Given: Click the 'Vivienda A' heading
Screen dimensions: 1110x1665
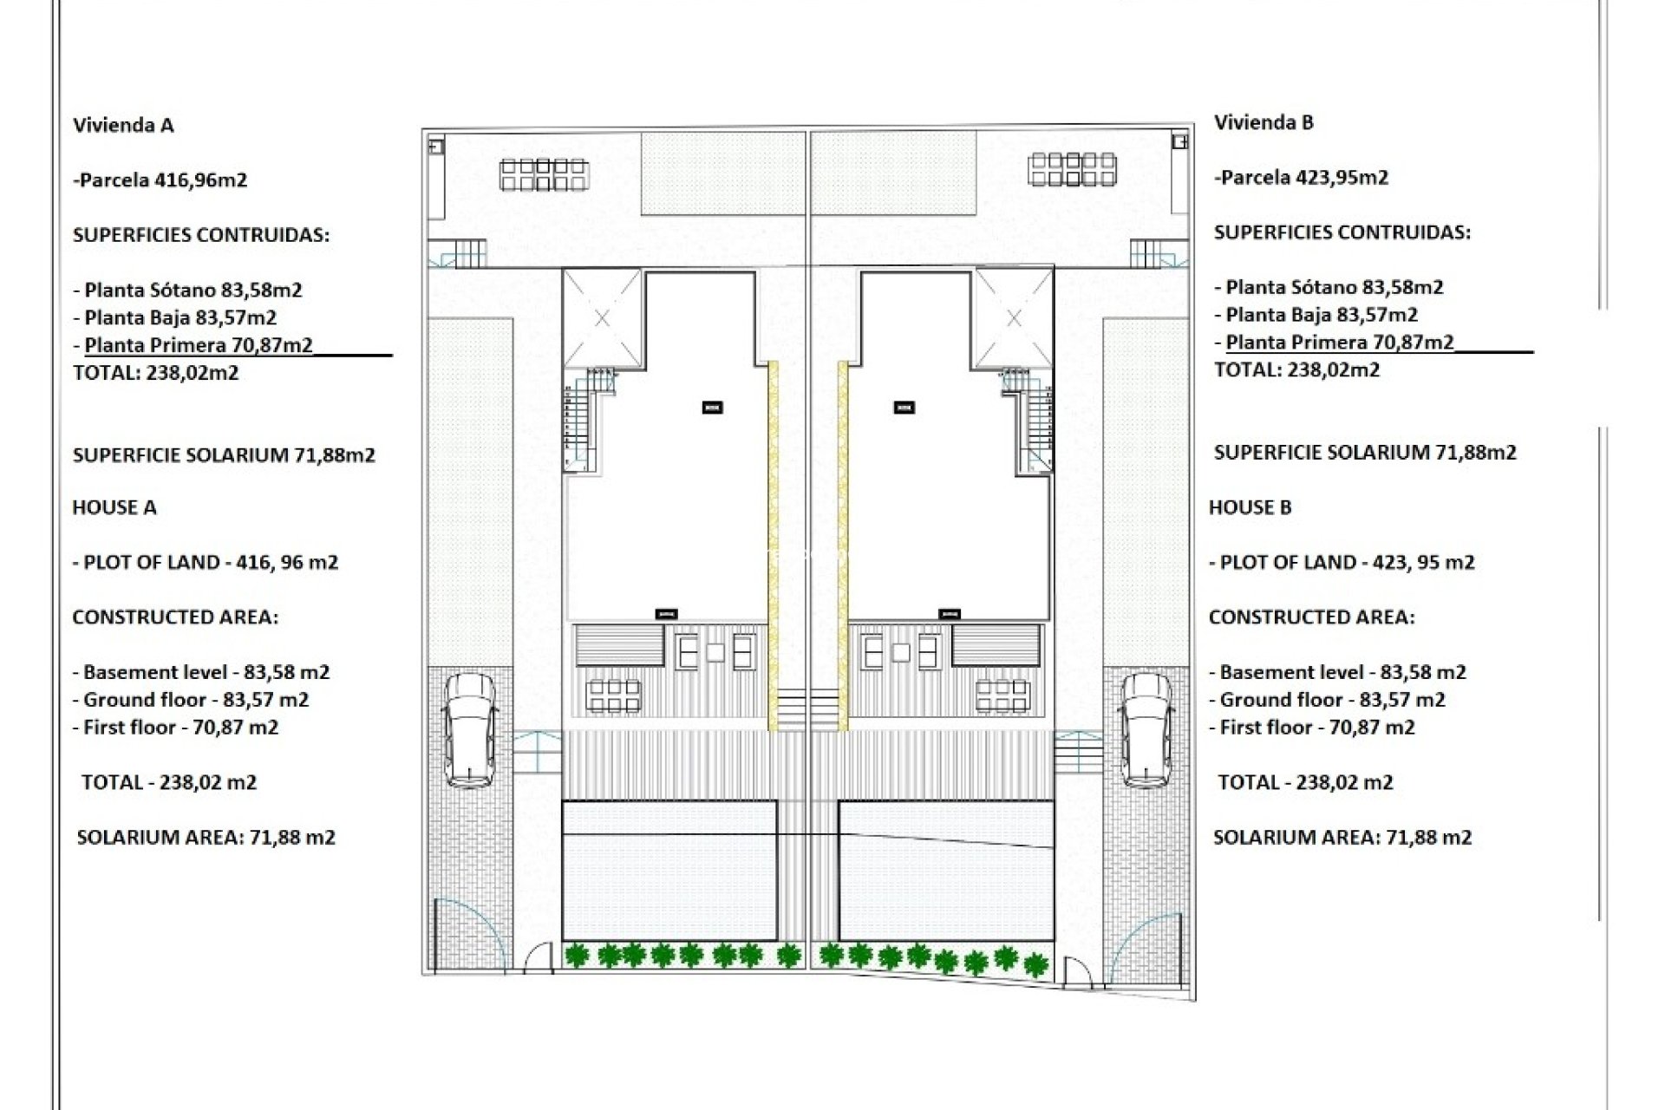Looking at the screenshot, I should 123,126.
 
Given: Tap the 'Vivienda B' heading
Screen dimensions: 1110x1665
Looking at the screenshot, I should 1263,123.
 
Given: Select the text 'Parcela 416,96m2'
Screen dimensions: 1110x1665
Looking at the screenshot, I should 161,180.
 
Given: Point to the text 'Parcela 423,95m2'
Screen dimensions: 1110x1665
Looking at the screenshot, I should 1302,178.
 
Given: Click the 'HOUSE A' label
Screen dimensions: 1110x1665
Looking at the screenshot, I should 114,508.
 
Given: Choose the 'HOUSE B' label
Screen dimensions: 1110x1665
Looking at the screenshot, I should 1250,508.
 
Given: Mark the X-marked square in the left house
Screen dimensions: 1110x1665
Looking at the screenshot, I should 603,318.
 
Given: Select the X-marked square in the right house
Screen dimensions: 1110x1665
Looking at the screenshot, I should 1014,318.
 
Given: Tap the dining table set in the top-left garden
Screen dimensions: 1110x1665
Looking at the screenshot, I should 544,174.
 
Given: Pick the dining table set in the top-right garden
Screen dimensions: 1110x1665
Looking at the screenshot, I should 1073,169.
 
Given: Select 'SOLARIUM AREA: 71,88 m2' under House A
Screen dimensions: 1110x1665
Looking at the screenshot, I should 206,838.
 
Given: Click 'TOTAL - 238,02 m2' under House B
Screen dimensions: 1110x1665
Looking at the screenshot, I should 1305,783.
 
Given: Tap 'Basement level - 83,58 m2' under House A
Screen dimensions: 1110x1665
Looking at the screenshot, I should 201,673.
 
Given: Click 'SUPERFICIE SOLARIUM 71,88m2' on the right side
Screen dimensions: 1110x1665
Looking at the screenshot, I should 1365,453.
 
